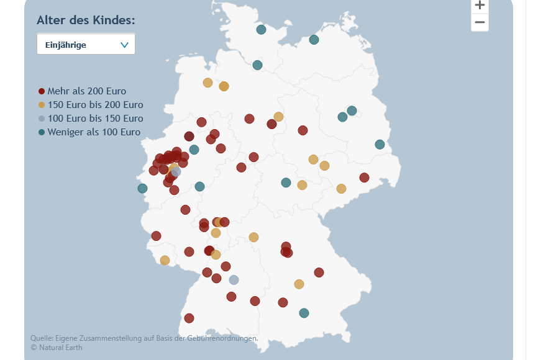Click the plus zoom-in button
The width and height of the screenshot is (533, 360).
[480, 6]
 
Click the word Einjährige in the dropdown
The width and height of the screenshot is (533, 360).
[66, 45]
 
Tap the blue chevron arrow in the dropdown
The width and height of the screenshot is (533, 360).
[124, 45]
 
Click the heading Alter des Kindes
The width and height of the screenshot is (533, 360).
[86, 20]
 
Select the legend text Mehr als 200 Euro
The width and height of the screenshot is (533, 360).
[87, 91]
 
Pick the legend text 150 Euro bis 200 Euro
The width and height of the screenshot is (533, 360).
[95, 105]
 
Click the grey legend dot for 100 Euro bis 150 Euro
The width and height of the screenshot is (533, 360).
[42, 119]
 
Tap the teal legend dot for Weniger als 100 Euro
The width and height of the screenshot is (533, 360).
[42, 132]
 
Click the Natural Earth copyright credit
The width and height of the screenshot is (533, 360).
[57, 348]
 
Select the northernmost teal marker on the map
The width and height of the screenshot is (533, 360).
[261, 30]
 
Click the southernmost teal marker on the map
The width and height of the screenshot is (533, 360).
[304, 313]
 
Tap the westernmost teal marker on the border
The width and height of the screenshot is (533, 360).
[142, 189]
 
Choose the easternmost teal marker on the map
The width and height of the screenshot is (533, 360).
[380, 145]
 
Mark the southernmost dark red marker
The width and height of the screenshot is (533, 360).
[189, 318]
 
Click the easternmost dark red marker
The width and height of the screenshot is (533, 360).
[364, 178]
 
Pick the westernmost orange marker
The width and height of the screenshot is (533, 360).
[165, 260]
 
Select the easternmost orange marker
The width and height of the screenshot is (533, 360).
[341, 189]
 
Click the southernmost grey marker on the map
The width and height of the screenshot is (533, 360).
[234, 280]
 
